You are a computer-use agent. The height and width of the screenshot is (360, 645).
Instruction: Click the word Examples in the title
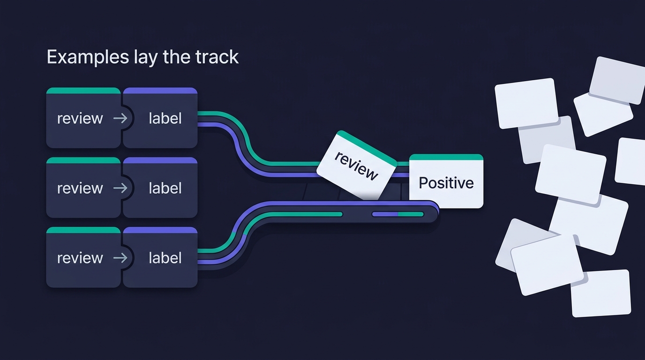click(88, 57)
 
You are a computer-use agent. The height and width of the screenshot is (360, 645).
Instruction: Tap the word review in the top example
click(80, 119)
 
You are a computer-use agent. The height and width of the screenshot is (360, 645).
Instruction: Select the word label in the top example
click(165, 119)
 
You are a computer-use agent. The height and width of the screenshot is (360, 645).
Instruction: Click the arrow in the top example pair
click(120, 119)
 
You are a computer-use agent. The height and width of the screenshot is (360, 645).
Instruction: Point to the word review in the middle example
click(80, 188)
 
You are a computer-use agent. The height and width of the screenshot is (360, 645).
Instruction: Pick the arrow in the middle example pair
click(120, 188)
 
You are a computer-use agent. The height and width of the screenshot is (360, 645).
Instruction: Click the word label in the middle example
click(165, 188)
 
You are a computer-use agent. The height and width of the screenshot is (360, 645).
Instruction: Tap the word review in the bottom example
click(80, 258)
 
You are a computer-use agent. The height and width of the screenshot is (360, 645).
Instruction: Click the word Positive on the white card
click(446, 183)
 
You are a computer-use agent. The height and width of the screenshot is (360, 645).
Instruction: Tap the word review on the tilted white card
click(356, 166)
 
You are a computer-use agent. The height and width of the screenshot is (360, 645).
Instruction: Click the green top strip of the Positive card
click(446, 157)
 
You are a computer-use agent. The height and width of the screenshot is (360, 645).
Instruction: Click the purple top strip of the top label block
click(160, 91)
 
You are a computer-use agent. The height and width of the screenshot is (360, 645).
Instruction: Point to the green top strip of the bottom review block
click(83, 230)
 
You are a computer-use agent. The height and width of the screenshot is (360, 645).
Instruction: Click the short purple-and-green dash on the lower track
click(397, 214)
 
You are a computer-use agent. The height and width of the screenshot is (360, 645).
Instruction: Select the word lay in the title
click(146, 57)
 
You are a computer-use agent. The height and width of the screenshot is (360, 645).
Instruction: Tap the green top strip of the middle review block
click(83, 160)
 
